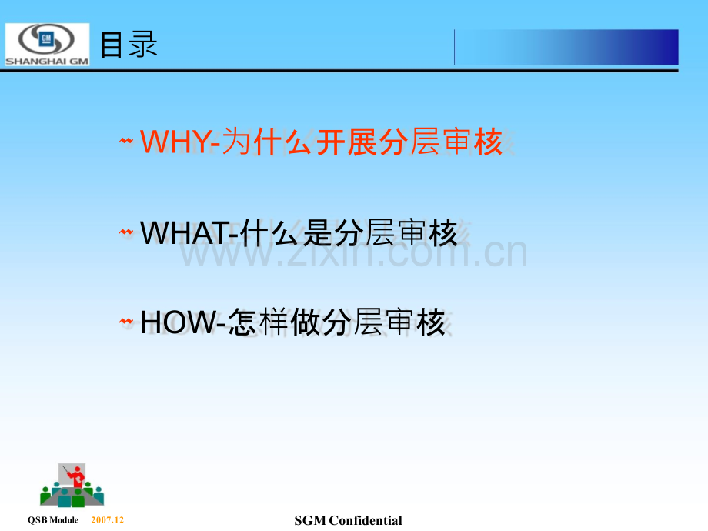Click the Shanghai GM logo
click(47, 45)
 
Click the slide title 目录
click(129, 45)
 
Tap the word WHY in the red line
click(175, 142)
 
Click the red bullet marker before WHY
click(126, 142)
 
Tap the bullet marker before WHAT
click(126, 232)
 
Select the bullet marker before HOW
click(126, 322)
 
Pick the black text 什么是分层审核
click(349, 233)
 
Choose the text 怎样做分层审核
click(336, 322)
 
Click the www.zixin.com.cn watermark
click(353, 252)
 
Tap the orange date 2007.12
click(108, 519)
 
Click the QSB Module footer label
click(53, 520)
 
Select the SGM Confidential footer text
click(348, 521)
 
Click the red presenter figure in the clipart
click(77, 477)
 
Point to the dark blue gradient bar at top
click(566, 47)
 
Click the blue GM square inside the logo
click(46, 39)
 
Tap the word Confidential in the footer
click(366, 521)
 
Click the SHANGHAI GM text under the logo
click(47, 62)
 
